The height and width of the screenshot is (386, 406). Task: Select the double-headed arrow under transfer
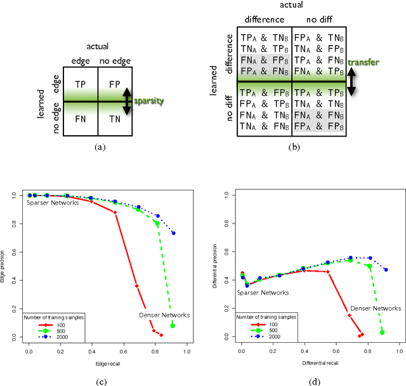click(x=351, y=81)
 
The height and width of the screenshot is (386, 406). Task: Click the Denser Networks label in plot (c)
click(x=164, y=315)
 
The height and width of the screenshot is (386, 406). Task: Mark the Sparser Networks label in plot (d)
click(x=263, y=293)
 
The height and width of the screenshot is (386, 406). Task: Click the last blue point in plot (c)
click(x=173, y=233)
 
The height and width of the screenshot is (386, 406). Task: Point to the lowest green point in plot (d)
click(x=382, y=332)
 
